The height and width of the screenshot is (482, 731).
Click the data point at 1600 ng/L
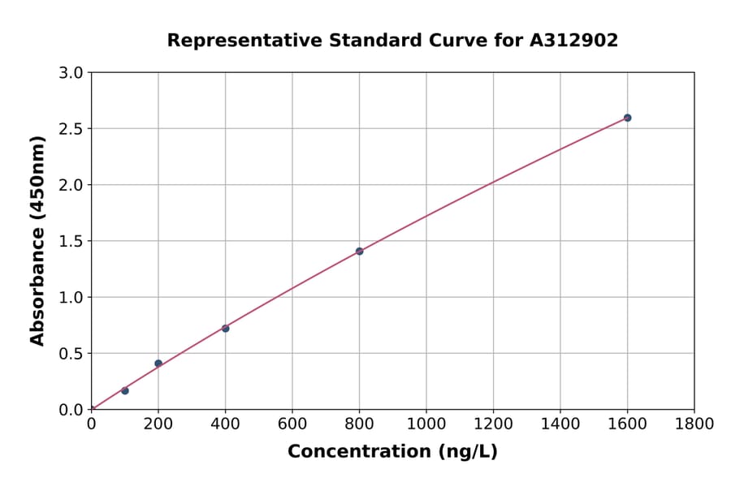(x=627, y=118)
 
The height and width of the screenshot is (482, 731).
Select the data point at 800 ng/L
(x=359, y=252)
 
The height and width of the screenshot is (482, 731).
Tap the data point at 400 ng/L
(x=225, y=329)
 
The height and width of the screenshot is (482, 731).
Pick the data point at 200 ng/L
(x=158, y=364)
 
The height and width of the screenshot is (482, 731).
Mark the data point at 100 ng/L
(x=124, y=391)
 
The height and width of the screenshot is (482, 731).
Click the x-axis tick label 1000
(x=426, y=424)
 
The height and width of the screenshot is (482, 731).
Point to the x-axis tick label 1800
(x=694, y=424)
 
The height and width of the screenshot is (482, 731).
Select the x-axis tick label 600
(x=292, y=424)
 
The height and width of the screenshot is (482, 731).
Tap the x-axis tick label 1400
(x=560, y=424)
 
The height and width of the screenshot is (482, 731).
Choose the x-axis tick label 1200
(x=493, y=424)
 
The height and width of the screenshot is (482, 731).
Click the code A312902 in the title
(x=573, y=41)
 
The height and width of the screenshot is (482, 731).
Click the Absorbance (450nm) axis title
(x=37, y=241)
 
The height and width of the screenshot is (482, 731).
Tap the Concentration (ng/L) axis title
(x=392, y=452)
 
